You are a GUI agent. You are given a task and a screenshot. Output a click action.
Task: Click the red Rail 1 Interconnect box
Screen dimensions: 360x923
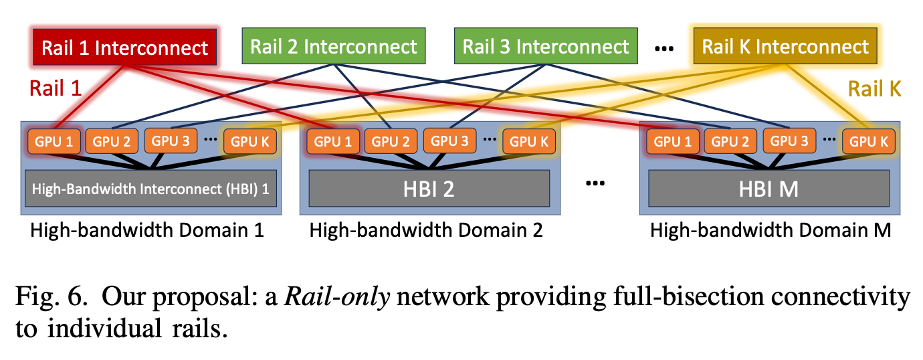click(x=125, y=48)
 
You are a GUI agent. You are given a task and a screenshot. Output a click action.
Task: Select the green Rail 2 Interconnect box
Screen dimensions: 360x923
click(x=334, y=46)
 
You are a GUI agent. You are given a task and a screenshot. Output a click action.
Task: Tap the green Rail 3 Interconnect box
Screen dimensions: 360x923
click(x=546, y=46)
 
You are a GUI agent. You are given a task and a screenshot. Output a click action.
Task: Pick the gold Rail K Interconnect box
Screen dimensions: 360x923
click(x=785, y=46)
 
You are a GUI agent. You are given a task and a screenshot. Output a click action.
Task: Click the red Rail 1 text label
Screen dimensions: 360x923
click(x=56, y=88)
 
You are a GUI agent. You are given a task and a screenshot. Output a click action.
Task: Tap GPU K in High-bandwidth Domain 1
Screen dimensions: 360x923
click(x=249, y=141)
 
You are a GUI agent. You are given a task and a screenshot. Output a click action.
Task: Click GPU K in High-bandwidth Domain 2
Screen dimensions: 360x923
click(x=529, y=141)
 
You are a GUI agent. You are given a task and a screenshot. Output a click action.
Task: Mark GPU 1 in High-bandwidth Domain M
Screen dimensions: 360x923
click(x=672, y=141)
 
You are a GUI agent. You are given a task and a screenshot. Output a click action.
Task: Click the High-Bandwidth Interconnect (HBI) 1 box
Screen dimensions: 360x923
click(x=152, y=189)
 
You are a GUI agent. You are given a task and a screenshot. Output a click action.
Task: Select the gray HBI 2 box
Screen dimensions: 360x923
click(x=429, y=188)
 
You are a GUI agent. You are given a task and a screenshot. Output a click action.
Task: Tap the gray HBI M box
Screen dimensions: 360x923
click(x=769, y=188)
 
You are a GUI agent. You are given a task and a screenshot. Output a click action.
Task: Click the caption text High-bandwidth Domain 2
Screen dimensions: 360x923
click(x=425, y=231)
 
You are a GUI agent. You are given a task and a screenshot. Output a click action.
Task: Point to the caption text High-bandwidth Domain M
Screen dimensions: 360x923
click(x=770, y=231)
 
